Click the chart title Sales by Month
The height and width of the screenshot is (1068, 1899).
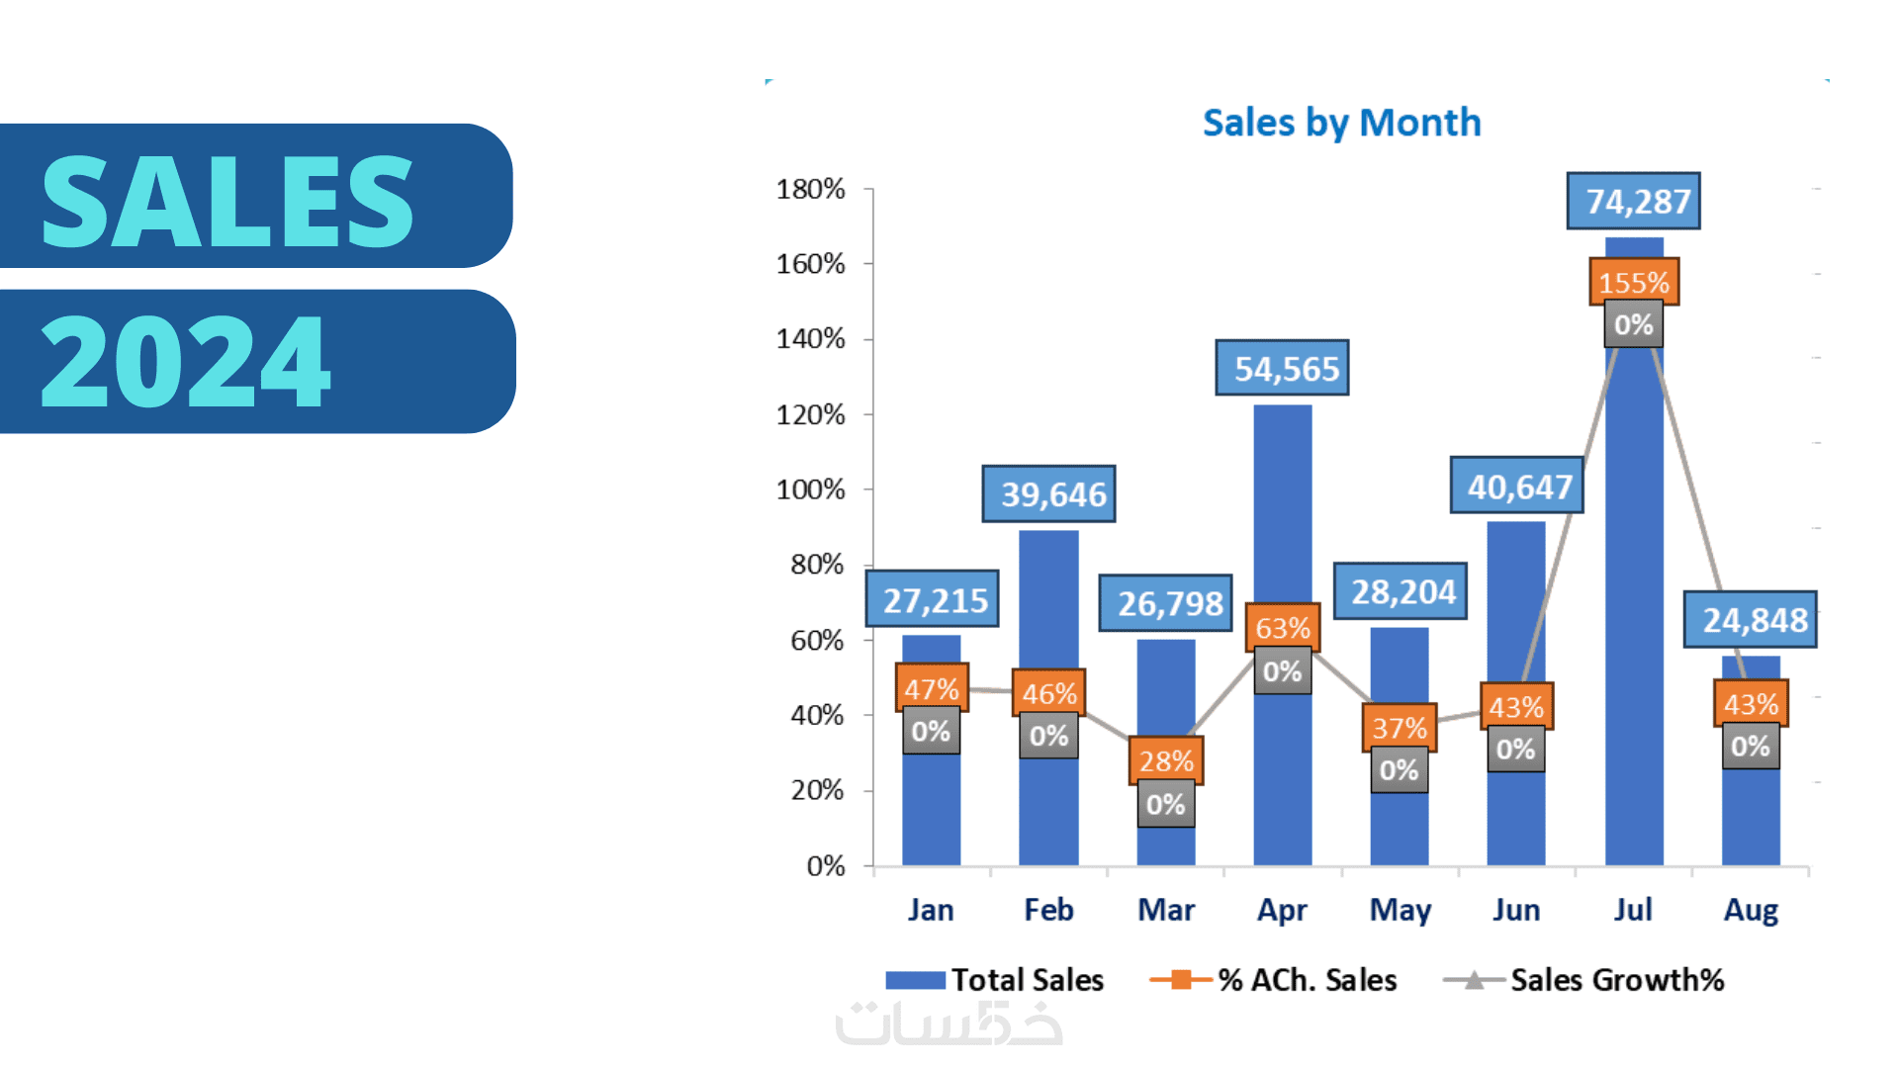[1341, 123]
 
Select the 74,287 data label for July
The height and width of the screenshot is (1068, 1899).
[1633, 201]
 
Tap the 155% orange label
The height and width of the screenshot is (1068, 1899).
[1633, 282]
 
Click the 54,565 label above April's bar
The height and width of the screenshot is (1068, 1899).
[1282, 368]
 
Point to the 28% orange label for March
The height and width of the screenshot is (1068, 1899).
[1166, 760]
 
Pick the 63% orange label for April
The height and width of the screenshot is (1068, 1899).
[1283, 627]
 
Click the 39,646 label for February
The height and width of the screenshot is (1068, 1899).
[1048, 493]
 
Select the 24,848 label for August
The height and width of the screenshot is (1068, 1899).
[1750, 620]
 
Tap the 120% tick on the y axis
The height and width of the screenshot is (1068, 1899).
[810, 414]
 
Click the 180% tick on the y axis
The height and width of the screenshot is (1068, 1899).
[810, 189]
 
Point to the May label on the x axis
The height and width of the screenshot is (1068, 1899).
[1400, 910]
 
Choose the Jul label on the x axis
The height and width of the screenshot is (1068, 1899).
[1633, 910]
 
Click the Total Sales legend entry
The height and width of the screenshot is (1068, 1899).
[995, 980]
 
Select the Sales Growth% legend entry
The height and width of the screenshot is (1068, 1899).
[1584, 980]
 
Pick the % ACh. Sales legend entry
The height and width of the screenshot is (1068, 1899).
[1275, 980]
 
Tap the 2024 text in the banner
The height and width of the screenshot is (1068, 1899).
[186, 362]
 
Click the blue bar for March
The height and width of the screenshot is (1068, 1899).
[1166, 692]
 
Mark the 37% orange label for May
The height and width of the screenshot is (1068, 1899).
[1400, 728]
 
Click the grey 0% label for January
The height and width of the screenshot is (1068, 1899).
[931, 732]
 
